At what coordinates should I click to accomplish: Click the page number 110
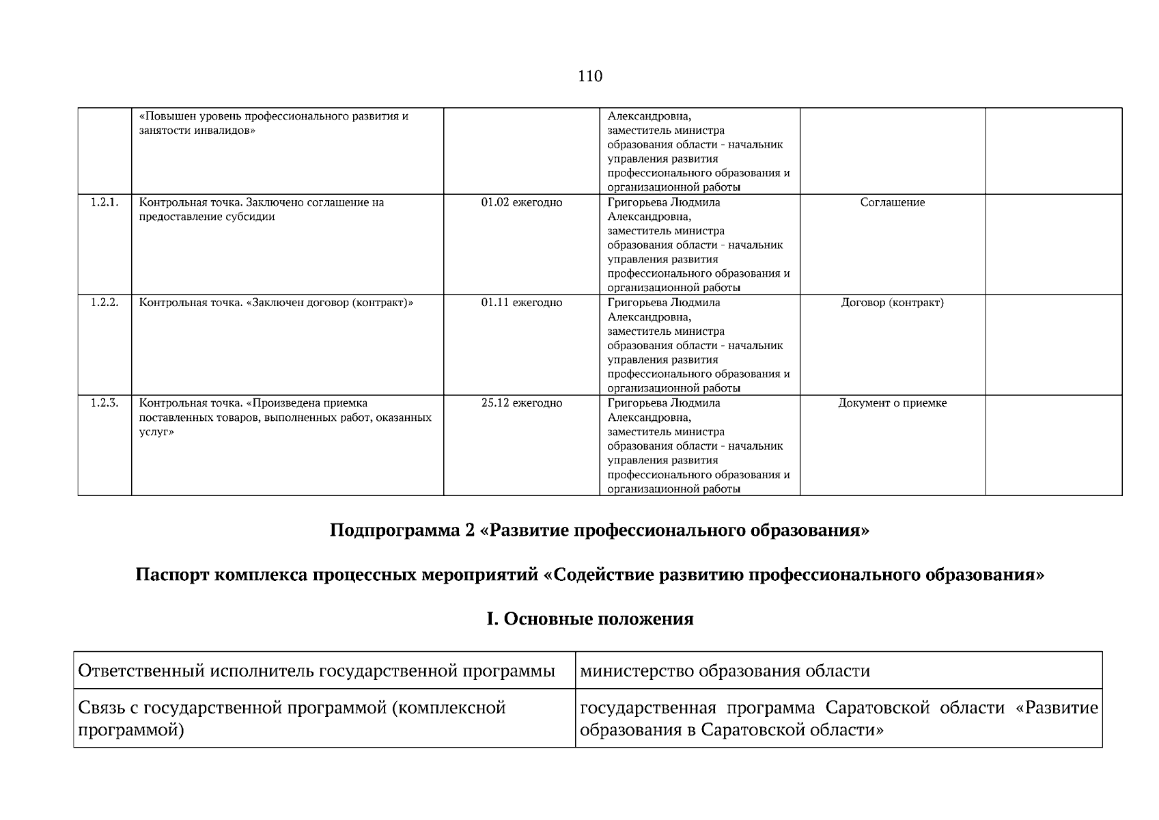(x=589, y=76)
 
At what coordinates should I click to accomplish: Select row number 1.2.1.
(x=104, y=202)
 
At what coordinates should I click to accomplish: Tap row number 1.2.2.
(x=104, y=303)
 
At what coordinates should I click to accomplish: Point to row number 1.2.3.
(x=104, y=403)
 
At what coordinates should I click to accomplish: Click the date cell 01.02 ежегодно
(x=521, y=202)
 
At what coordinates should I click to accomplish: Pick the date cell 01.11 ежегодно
(x=521, y=303)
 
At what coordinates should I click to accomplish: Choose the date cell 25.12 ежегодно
(x=521, y=403)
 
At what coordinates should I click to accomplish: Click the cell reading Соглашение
(x=892, y=202)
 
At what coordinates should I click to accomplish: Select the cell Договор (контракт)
(x=892, y=303)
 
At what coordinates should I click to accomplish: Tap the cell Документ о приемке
(x=892, y=403)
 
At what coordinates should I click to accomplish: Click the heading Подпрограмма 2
(x=599, y=531)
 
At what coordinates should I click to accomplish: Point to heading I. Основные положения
(x=589, y=619)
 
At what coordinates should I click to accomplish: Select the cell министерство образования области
(x=725, y=671)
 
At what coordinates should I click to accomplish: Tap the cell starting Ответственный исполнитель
(x=316, y=671)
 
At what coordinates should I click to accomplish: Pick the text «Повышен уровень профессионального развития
(x=273, y=116)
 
